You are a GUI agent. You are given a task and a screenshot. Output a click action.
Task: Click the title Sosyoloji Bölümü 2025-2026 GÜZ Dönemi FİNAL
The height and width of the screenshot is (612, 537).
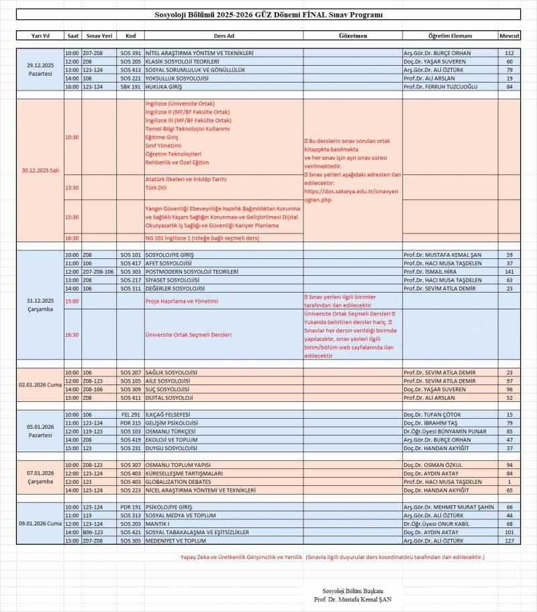(268, 14)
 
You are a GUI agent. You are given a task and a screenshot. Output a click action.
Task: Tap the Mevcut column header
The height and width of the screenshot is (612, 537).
(509, 36)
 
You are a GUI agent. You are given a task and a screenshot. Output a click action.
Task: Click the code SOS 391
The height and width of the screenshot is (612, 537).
(130, 52)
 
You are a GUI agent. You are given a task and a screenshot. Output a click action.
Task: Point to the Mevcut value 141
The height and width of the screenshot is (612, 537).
(509, 271)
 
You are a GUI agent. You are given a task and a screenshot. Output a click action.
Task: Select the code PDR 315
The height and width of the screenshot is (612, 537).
(130, 423)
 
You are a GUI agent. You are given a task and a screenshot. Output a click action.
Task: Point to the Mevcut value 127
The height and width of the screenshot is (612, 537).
(509, 540)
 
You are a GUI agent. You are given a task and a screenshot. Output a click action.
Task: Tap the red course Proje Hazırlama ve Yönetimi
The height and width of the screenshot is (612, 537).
(181, 301)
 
